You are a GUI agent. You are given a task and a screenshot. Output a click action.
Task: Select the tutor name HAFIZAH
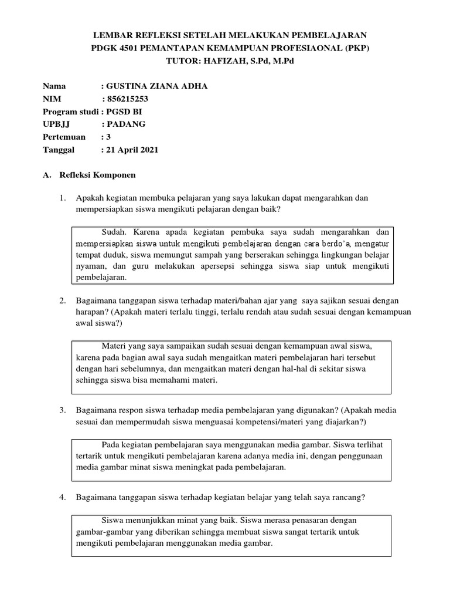(x=245, y=60)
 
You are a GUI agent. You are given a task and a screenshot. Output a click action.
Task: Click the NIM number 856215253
(x=131, y=99)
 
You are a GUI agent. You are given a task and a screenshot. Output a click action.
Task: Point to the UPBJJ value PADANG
(x=126, y=124)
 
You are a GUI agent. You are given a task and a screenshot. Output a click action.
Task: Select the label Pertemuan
(x=64, y=137)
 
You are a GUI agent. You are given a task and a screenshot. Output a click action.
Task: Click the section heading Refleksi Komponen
(x=106, y=175)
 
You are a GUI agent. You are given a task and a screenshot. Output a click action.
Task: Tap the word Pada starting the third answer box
(x=111, y=444)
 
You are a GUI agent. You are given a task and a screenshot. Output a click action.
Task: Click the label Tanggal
(x=59, y=150)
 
